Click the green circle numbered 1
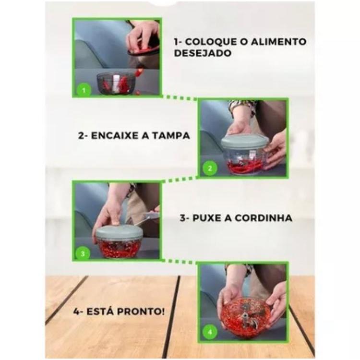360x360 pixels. click(x=84, y=90)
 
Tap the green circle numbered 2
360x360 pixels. click(x=210, y=168)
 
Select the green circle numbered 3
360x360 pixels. click(x=83, y=254)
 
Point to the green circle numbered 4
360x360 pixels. click(x=210, y=332)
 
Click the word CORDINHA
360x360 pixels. click(x=264, y=218)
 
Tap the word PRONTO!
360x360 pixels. click(x=141, y=312)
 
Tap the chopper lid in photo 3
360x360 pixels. click(x=119, y=233)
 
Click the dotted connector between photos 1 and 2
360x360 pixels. click(x=179, y=97)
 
